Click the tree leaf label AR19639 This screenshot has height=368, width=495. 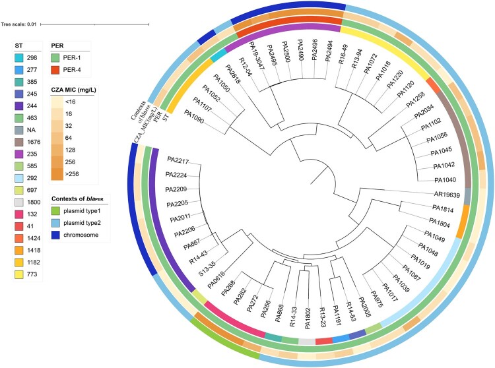447,195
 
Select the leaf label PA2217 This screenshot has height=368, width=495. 178,160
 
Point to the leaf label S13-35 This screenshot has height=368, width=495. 207,268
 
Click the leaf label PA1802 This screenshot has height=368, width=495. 308,319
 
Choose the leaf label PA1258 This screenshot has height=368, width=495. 415,100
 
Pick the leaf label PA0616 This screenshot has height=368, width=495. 216,280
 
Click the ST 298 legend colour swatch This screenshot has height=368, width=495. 18,58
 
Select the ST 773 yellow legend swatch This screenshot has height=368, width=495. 18,274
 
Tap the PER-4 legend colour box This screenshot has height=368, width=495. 55,70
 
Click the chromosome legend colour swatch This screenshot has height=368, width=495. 55,235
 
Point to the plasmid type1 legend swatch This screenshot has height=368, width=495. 55,211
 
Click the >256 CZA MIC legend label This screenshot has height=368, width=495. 72,173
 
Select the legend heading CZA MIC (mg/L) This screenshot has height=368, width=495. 73,90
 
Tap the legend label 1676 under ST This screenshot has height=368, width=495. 34,142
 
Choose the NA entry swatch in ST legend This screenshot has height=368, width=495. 18,130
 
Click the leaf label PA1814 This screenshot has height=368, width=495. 443,209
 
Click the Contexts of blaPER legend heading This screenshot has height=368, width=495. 77,199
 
